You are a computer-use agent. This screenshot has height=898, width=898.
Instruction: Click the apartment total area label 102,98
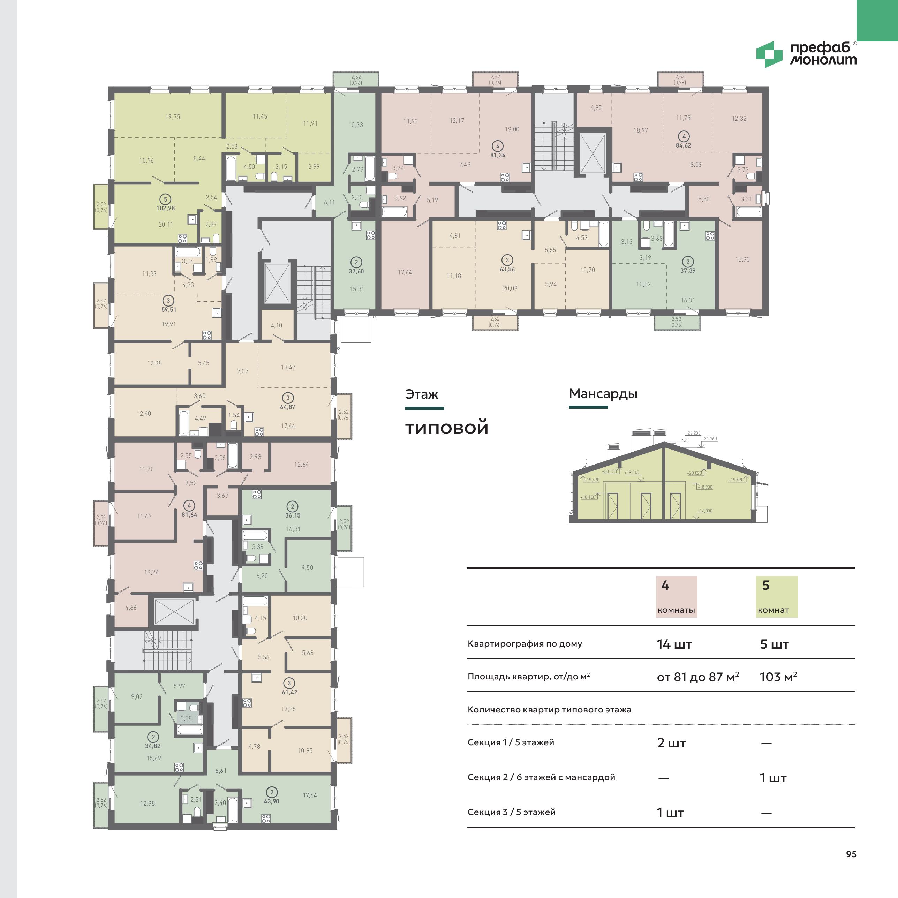pos(165,208)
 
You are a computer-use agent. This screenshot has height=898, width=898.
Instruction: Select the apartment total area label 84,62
pos(683,145)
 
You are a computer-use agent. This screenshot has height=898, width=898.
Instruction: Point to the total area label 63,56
pos(507,269)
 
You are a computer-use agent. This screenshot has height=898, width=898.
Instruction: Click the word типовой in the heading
pos(447,428)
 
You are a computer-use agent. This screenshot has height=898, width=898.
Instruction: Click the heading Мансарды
pos(603,394)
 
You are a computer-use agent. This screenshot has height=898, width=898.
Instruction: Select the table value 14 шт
pos(674,644)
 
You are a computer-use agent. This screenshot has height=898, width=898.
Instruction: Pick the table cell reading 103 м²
pos(778,677)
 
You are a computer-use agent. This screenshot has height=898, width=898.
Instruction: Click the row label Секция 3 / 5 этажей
pos(511,812)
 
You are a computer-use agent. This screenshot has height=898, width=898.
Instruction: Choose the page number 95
pos(851,854)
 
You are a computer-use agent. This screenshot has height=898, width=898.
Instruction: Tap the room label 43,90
pos(271,801)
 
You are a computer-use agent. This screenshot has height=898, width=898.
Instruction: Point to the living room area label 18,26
pos(151,572)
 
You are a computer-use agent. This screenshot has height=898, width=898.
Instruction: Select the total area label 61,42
pos(289,692)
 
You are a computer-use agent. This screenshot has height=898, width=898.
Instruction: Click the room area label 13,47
pos(288,367)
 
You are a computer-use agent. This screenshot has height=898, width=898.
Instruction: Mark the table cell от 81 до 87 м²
pos(698,677)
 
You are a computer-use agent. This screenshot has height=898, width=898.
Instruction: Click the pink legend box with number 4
pos(676,597)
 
